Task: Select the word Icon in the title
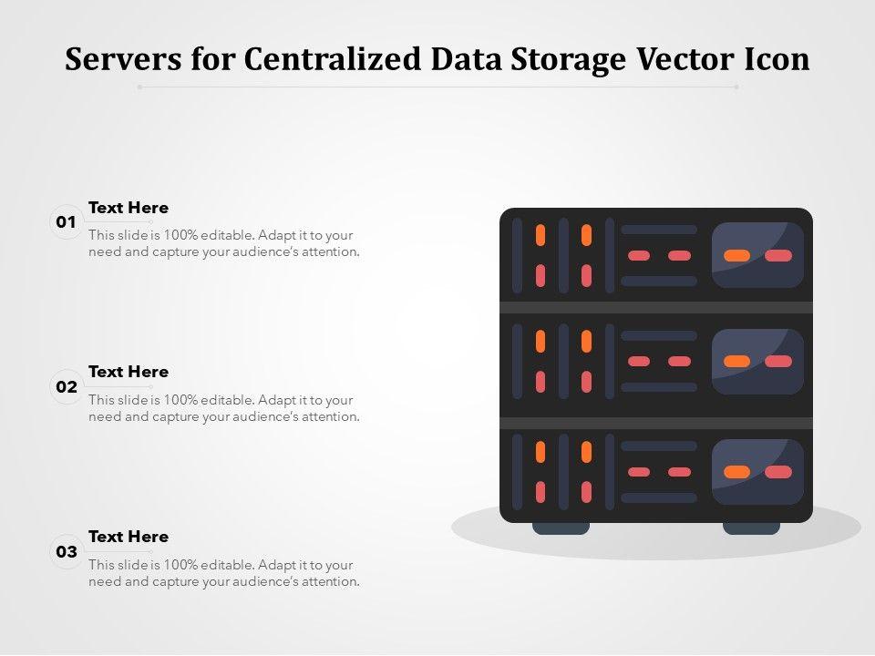point(776,59)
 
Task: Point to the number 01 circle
point(67,222)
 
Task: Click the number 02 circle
point(67,387)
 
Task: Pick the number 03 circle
point(67,552)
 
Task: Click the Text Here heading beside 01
point(129,208)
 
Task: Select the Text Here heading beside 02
point(129,372)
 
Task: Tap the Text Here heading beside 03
point(129,537)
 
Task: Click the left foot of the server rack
point(561,528)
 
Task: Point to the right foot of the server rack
point(751,528)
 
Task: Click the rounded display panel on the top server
point(757,256)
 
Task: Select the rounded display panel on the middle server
point(757,362)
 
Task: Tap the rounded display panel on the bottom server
point(757,472)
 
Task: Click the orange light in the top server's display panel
point(736,256)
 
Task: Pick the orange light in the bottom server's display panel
point(736,472)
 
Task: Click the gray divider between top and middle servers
point(656,307)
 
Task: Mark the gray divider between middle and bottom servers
point(656,423)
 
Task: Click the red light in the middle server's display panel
point(778,362)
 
